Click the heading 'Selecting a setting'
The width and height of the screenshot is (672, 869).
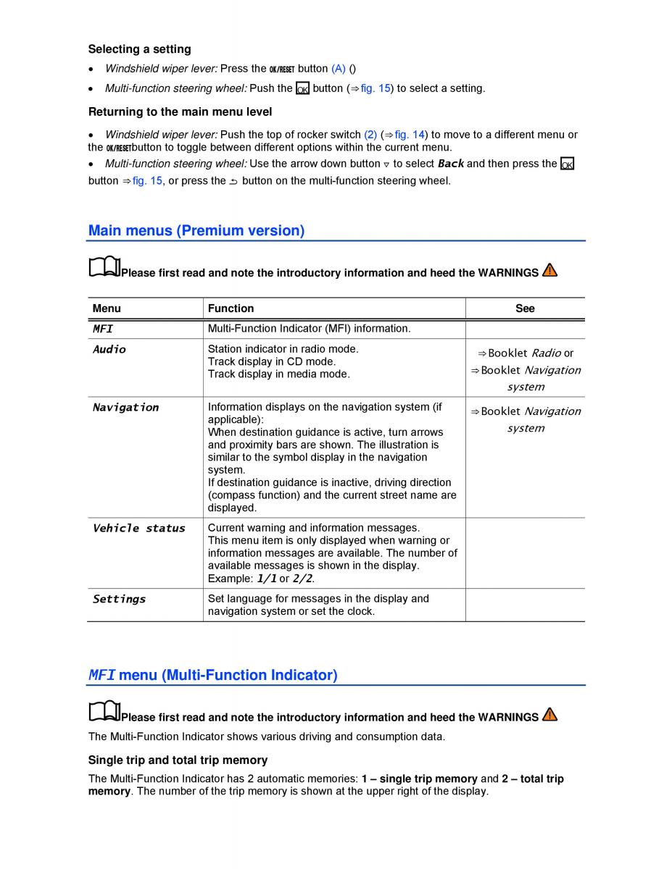(x=139, y=49)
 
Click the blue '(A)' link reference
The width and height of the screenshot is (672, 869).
(x=339, y=69)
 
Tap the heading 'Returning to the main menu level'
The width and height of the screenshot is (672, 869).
(x=180, y=112)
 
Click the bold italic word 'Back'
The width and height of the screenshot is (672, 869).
(x=451, y=164)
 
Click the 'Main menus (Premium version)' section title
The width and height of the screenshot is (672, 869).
(x=196, y=231)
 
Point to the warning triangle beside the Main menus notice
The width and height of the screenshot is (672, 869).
(x=549, y=271)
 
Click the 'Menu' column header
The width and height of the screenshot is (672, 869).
(x=107, y=308)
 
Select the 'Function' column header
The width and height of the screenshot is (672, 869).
(x=231, y=308)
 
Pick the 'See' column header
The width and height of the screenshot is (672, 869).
(x=525, y=308)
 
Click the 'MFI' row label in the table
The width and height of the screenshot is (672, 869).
(x=103, y=329)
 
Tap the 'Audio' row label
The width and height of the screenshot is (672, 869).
(x=109, y=350)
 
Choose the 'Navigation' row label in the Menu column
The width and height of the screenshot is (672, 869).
(x=125, y=408)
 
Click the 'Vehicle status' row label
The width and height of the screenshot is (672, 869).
(x=138, y=529)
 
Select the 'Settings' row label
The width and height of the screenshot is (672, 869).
(x=119, y=600)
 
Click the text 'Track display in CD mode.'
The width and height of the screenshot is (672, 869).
(x=272, y=362)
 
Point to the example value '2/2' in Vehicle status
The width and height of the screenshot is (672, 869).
(x=302, y=579)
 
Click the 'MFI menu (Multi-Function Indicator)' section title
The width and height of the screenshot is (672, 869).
(x=212, y=676)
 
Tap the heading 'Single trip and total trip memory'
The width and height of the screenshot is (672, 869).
(x=178, y=760)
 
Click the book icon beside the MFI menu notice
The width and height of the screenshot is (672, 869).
(x=104, y=713)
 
